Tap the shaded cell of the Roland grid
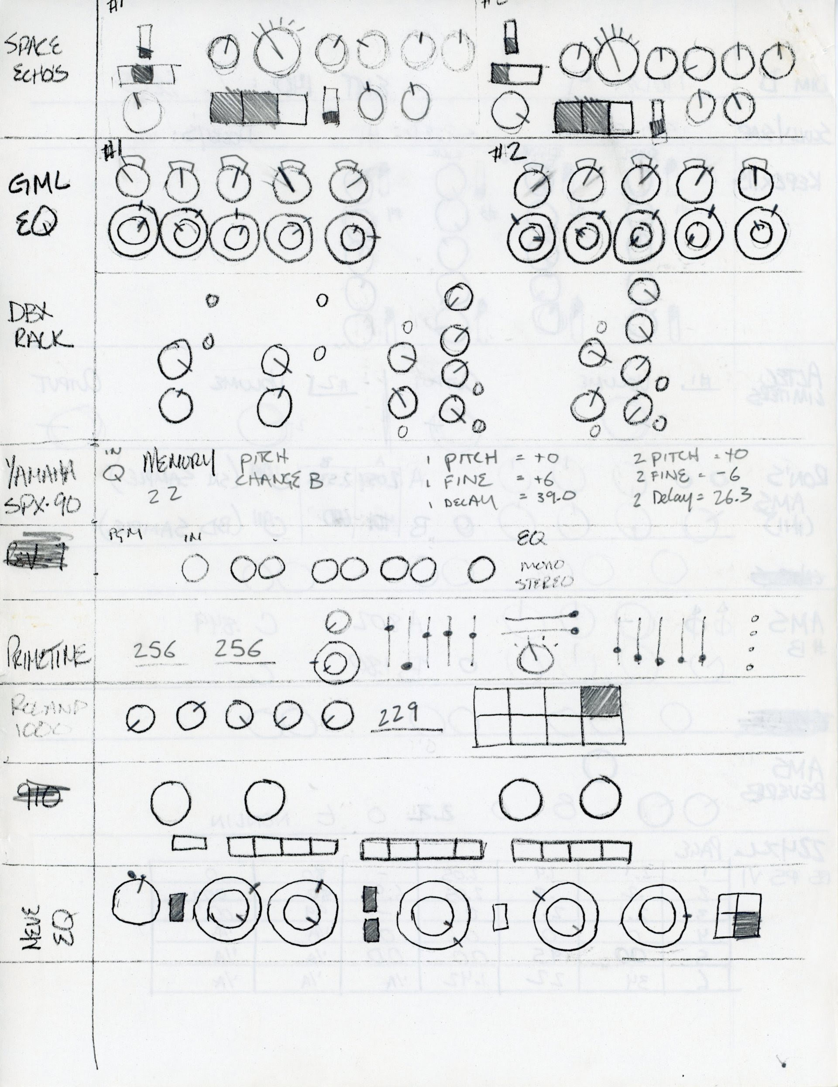click(601, 701)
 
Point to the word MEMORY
click(179, 463)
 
